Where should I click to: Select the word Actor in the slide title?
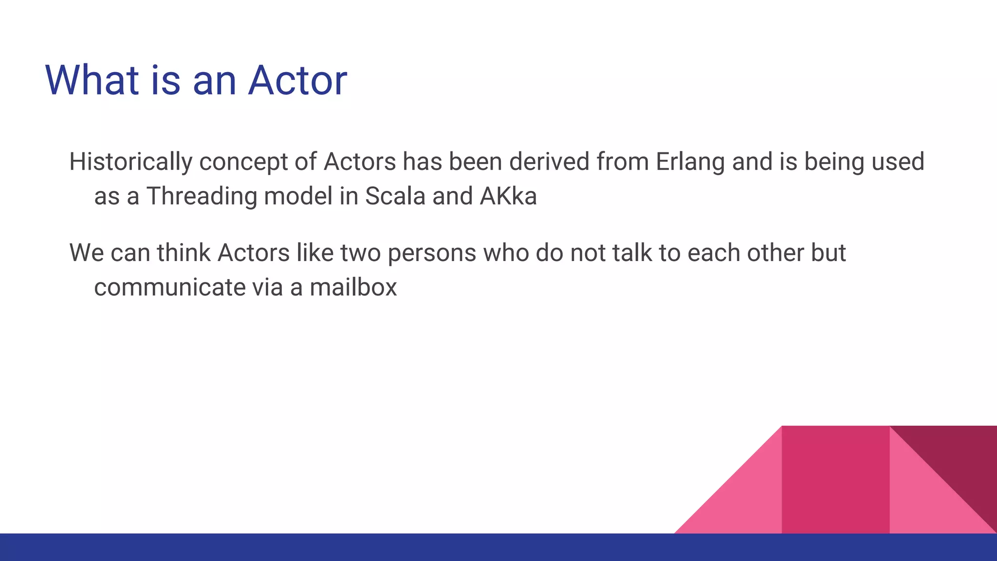click(x=297, y=80)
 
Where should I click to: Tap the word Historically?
click(x=130, y=162)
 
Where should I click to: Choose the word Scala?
click(x=395, y=196)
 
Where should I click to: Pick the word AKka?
click(x=508, y=196)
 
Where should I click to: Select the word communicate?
click(x=169, y=287)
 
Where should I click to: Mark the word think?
click(x=184, y=253)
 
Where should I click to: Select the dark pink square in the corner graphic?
click(x=835, y=480)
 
